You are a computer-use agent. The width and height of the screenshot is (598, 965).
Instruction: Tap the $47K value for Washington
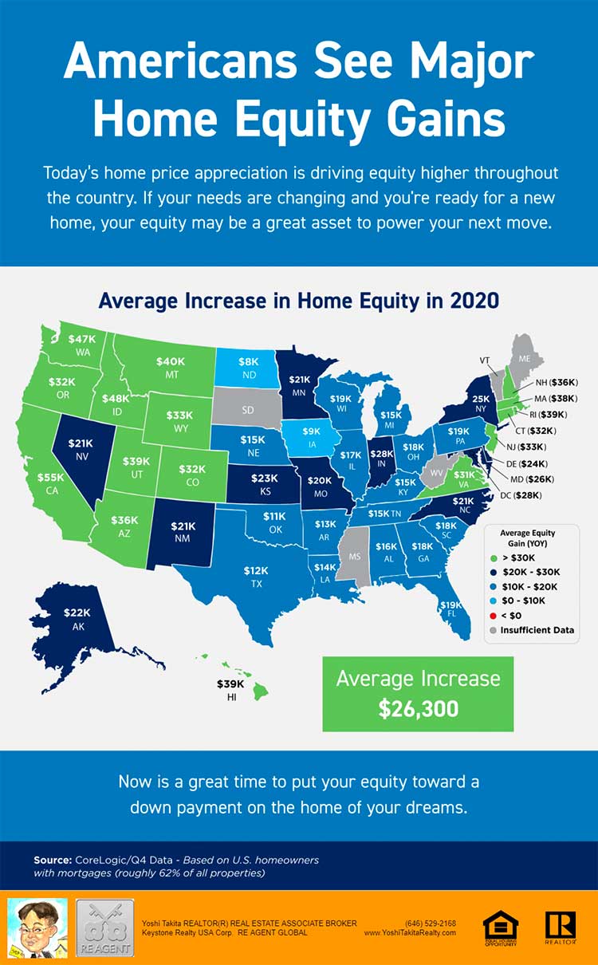pos(81,339)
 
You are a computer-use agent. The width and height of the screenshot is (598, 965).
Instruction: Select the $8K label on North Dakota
pos(248,361)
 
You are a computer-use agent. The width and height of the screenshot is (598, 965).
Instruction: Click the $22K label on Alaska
pos(78,612)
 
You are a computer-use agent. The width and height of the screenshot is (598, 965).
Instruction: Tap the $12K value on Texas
pos(257,571)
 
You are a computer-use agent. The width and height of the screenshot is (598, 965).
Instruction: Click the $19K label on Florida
pos(452,605)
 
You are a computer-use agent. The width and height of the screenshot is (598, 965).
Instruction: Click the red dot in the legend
pos(493,615)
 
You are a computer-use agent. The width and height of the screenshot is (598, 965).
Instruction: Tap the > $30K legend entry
pos(519,557)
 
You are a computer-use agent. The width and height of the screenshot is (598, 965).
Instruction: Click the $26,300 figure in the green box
pos(418,707)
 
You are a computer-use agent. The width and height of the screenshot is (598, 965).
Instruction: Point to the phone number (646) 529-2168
pos(430,923)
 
